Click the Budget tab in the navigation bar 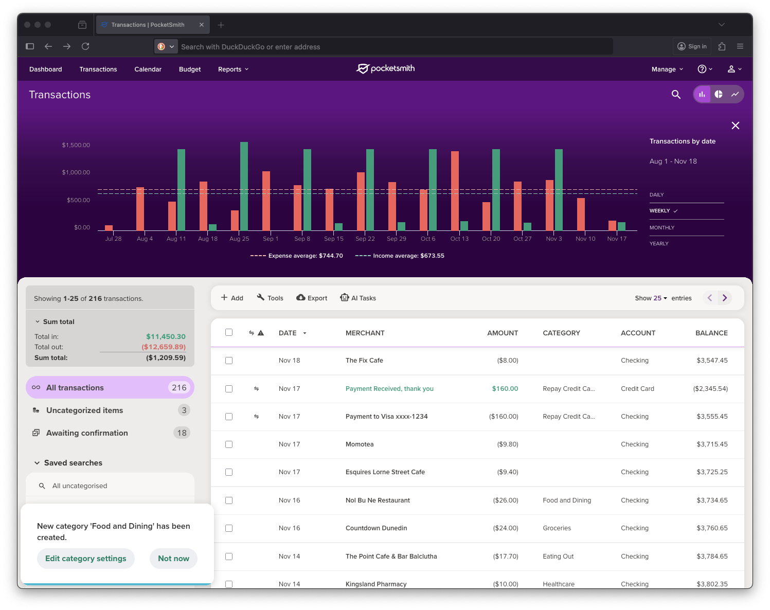coord(189,69)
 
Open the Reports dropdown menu coord(233,69)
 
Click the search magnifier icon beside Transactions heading coord(676,95)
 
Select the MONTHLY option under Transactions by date coord(662,228)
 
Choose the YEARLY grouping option coord(659,244)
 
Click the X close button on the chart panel coord(736,125)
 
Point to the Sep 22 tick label coord(365,239)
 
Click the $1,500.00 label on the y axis coord(76,145)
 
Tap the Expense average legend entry coord(297,256)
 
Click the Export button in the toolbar coord(312,298)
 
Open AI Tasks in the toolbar coord(358,298)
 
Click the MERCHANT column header coord(365,333)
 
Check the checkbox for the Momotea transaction coord(229,444)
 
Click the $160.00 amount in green coord(505,389)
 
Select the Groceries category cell coord(557,528)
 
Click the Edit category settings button coord(85,559)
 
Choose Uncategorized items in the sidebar coord(84,410)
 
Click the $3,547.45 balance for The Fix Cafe coord(712,361)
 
